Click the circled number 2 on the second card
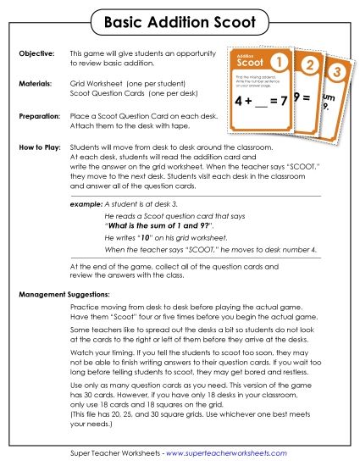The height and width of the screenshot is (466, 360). click(309, 66)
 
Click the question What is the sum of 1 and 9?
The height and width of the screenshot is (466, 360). click(169, 227)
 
